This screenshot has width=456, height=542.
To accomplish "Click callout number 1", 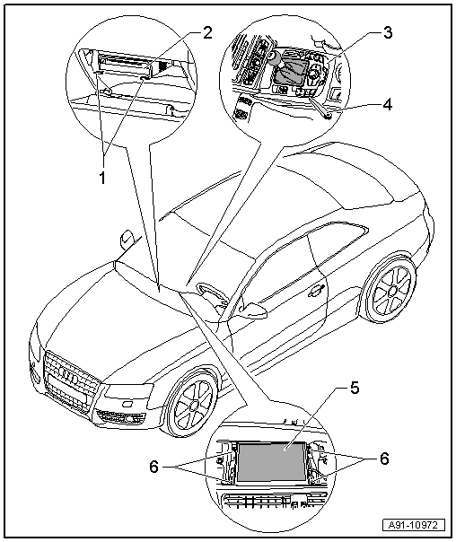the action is coord(102,179).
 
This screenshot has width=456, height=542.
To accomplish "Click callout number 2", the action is coord(207,33).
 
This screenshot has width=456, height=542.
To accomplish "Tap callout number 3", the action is coord(388,33).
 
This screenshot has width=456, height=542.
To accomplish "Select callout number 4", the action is coord(388,104).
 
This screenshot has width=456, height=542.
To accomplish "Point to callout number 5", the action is coord(355,388).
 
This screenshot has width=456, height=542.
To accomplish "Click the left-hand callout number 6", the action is coord(154,468).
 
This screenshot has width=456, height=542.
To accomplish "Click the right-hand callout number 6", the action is coord(384,459).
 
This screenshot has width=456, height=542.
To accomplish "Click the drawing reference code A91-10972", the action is coord(414,525).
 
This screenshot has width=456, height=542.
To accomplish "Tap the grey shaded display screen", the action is coord(271,460).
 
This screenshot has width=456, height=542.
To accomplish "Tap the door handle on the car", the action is coord(316,292).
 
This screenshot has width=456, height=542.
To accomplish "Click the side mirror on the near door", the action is coord(253,310).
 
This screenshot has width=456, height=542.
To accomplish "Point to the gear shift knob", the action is coord(274,57).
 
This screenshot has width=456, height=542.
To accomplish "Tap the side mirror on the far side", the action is coord(126,240).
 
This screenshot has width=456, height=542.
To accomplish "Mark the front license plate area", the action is coord(66,390).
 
